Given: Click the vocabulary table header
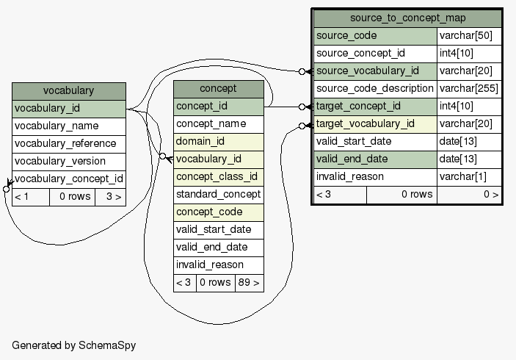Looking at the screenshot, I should click(68, 91).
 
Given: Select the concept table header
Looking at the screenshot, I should click(218, 89).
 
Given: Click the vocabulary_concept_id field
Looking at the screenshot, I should click(68, 179).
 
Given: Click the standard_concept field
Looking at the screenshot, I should click(218, 194).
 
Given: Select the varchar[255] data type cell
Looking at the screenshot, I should click(469, 89).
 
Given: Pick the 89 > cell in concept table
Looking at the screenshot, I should click(249, 283).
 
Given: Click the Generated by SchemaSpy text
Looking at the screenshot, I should click(73, 345).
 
